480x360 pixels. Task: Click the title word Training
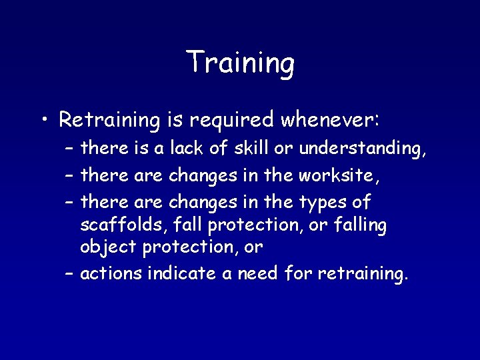point(240,63)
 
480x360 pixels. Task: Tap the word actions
point(111,273)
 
